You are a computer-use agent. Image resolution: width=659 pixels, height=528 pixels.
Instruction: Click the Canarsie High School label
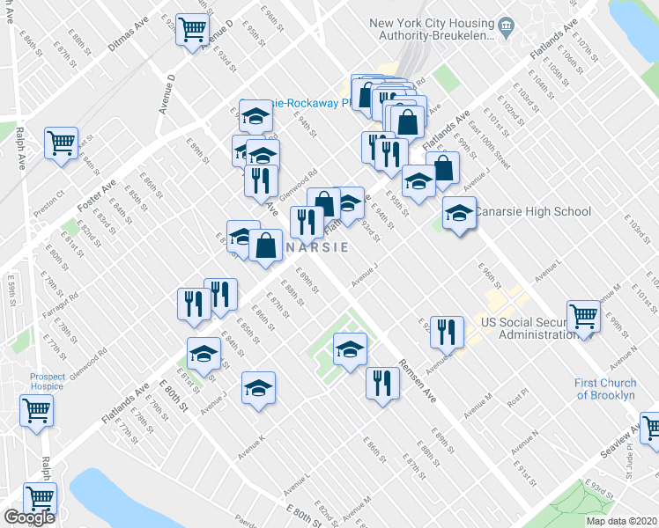point(534,211)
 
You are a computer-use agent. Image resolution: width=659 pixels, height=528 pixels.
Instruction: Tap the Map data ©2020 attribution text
point(621,521)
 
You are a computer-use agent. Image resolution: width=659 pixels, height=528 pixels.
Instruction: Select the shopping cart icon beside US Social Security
point(583,316)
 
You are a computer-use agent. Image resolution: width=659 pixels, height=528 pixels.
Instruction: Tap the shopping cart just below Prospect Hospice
point(37,408)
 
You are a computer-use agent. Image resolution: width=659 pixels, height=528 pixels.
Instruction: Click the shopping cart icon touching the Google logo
point(41,497)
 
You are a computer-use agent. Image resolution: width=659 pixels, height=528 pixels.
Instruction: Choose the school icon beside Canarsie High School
point(459,213)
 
